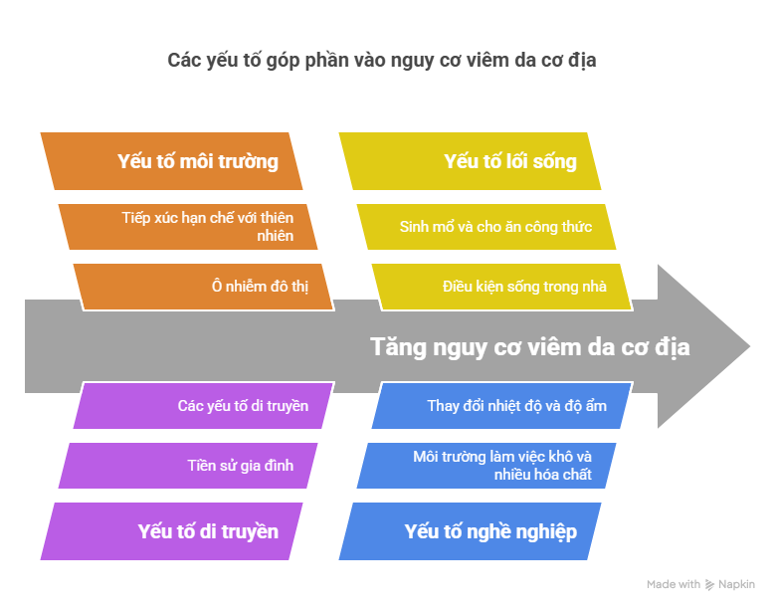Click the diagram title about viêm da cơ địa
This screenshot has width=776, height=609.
[x=382, y=61]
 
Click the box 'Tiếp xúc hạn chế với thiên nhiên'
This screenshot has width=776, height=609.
[x=189, y=227]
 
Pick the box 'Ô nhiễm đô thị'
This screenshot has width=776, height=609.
[x=203, y=287]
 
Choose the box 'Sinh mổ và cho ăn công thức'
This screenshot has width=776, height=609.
[x=487, y=227]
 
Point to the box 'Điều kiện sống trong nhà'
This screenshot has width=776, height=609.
[x=502, y=287]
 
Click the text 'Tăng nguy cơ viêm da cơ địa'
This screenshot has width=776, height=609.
[x=529, y=347]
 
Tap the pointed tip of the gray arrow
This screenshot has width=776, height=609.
[x=748, y=347]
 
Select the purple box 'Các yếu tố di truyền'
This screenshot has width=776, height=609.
[x=204, y=406]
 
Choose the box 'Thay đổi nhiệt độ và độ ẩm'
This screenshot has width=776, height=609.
[x=502, y=406]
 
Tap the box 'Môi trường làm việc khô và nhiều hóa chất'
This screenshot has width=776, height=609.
[x=487, y=465]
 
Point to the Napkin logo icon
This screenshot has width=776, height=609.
[x=709, y=585]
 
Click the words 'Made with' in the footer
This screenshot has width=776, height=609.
[x=674, y=585]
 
